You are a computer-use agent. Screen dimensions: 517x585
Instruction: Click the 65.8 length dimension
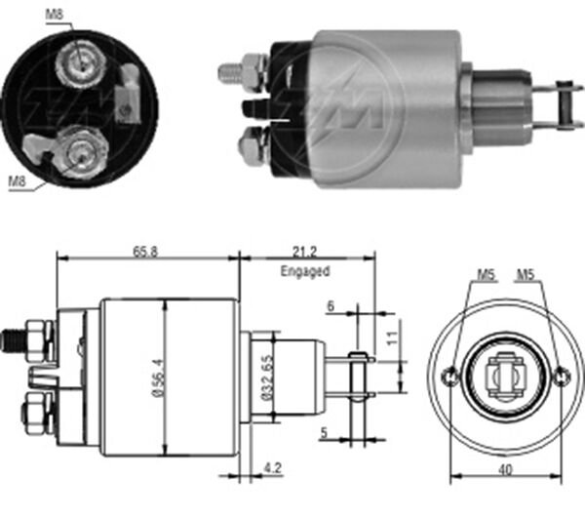point(148,251)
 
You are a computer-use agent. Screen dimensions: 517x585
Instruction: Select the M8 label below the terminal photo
point(17,180)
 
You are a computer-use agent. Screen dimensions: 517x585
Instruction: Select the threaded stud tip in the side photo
point(226,70)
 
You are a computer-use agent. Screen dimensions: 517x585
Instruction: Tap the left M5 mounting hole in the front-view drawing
point(449,377)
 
